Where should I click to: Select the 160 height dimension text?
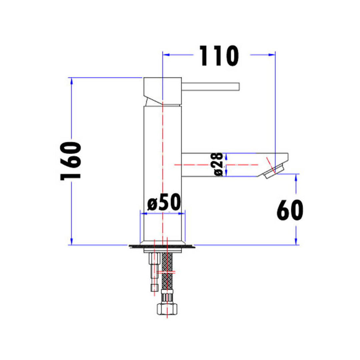coord(71,161)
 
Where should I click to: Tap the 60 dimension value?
coord(290,210)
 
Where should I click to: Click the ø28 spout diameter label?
coord(218,164)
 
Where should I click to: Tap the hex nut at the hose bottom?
coord(167,308)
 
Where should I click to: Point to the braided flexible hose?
coord(167,270)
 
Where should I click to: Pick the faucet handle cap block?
coord(162,92)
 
